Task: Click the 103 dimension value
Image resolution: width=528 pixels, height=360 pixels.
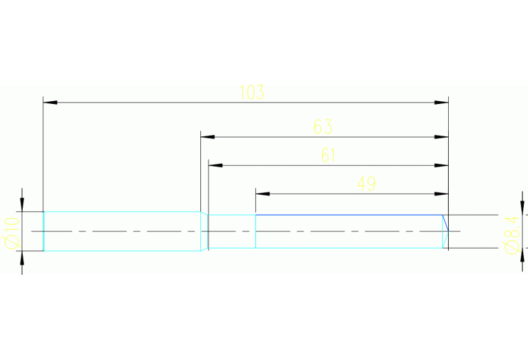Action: click(252, 92)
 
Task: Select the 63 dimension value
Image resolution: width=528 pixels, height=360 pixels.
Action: click(323, 127)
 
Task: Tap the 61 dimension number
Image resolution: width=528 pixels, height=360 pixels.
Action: click(328, 156)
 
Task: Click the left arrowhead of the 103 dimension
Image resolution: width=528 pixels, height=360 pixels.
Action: click(50, 103)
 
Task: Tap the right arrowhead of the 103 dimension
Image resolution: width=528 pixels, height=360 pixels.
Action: click(441, 103)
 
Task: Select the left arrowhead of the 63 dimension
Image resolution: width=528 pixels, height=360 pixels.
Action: click(207, 137)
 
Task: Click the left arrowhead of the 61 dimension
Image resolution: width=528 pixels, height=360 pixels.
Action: click(215, 165)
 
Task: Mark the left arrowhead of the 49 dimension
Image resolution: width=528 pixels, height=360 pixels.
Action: click(262, 193)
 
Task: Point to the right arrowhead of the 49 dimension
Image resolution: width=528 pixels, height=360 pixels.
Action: click(441, 193)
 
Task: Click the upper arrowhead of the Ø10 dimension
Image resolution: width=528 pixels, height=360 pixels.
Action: click(22, 204)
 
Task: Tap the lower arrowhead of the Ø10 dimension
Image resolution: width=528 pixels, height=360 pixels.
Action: click(22, 258)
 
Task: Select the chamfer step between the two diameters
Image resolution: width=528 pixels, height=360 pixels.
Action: click(204, 231)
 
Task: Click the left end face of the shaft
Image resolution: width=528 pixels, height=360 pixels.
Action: click(43, 231)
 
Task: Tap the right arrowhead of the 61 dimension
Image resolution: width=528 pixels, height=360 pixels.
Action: click(441, 165)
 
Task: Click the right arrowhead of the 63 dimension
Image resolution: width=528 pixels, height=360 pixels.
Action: click(441, 137)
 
